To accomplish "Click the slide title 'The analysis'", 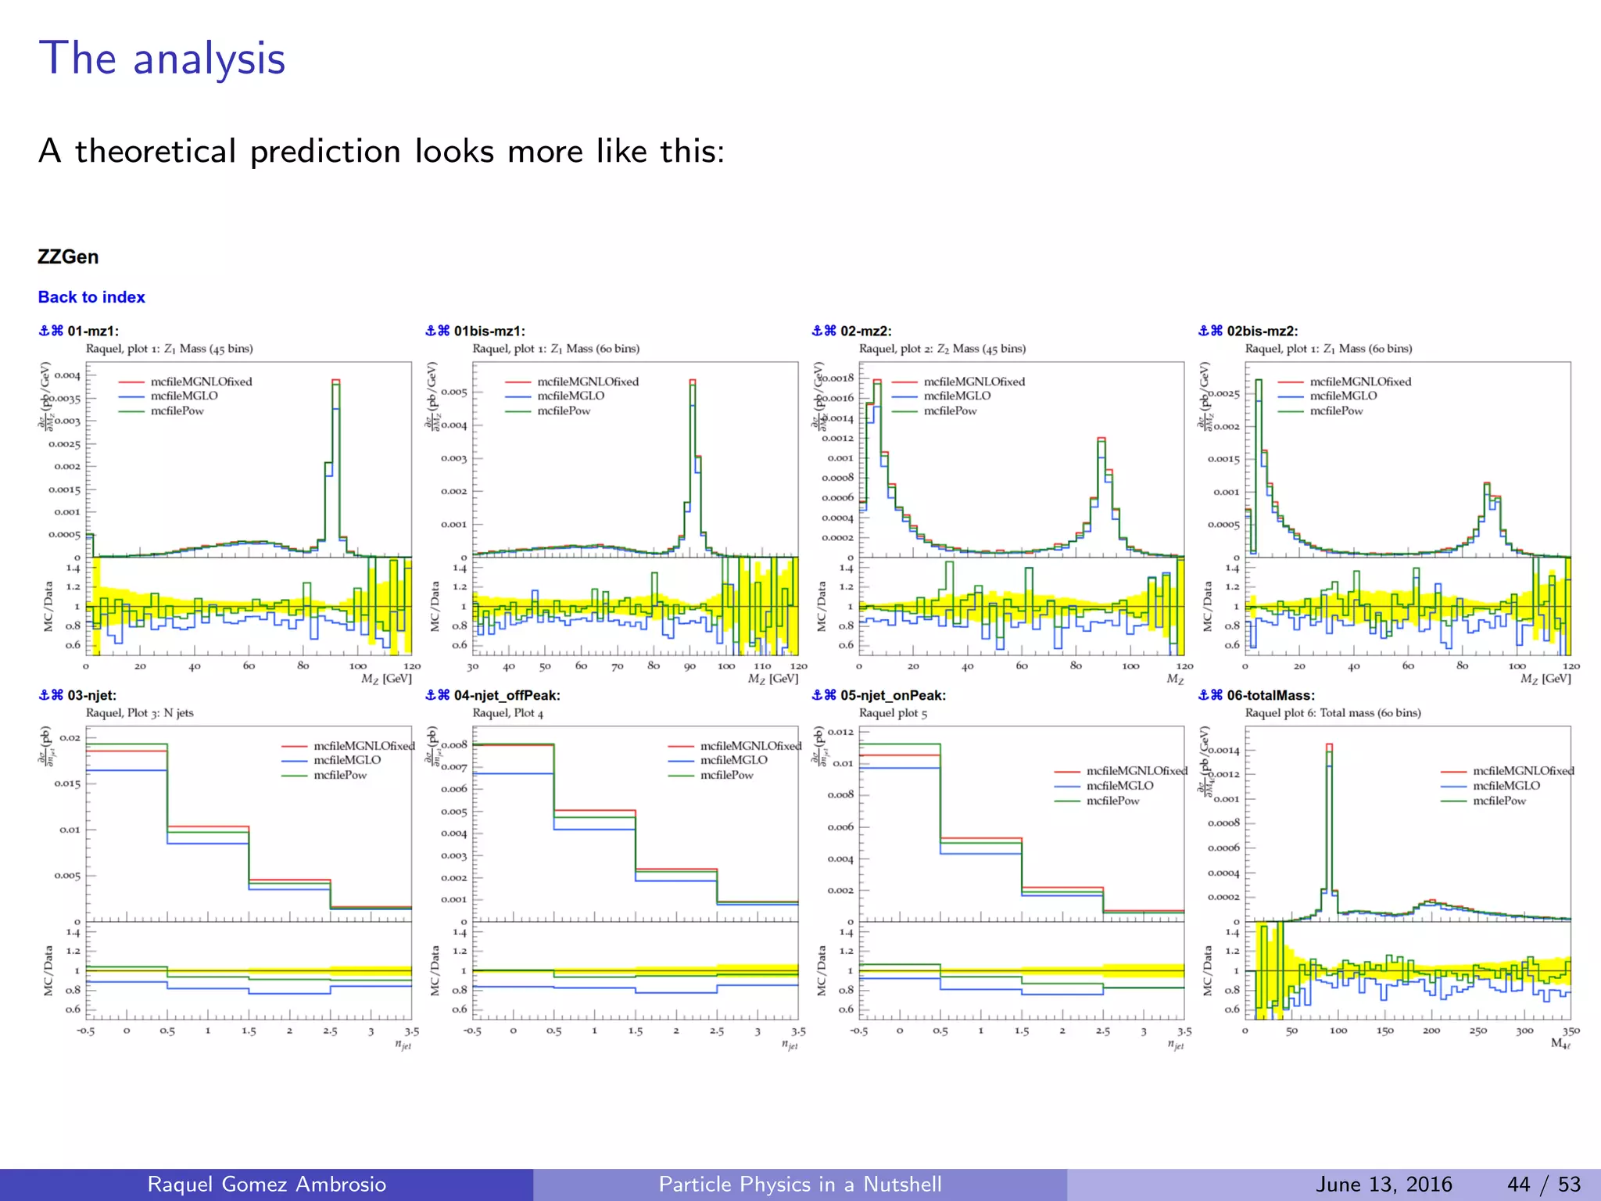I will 162,59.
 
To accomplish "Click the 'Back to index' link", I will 91,297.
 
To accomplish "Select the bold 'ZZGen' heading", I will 68,257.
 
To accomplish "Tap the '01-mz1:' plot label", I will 92,331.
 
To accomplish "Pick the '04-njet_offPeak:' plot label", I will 507,695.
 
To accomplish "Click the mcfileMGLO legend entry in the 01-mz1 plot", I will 184,396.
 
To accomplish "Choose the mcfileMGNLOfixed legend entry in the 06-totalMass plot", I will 1522,771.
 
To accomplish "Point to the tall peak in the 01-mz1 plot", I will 335,382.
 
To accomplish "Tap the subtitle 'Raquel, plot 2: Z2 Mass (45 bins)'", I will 942,349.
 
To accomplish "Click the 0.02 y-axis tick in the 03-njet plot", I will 70,737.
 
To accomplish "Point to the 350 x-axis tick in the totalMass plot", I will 1571,1031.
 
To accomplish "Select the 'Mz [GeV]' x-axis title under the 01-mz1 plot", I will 386,679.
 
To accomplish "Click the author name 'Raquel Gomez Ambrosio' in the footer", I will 267,1184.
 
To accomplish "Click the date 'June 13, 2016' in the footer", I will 1384,1184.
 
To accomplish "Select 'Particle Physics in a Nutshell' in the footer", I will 800,1184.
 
